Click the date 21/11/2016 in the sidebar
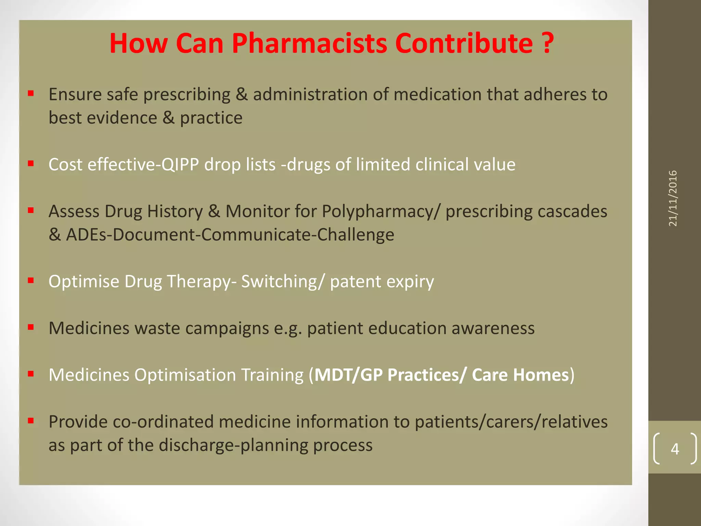[x=673, y=198]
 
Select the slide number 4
[x=675, y=449]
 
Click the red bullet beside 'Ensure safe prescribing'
[x=31, y=93]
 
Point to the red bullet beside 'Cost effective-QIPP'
[x=31, y=163]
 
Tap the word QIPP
[x=180, y=165]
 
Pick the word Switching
[x=279, y=282]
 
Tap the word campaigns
[x=227, y=328]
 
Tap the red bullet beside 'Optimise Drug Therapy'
[x=31, y=280]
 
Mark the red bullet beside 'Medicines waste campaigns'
[x=31, y=327]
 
